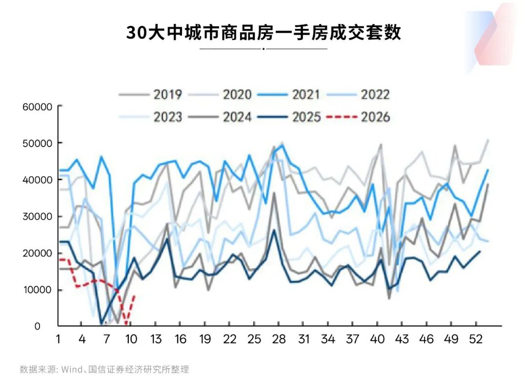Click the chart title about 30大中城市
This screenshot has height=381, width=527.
(263, 32)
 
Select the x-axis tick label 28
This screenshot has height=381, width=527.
(279, 339)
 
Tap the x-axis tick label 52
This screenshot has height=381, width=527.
(476, 339)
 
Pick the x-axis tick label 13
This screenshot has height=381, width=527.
(156, 339)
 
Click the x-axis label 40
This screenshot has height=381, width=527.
(378, 339)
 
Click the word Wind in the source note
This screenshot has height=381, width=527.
(71, 369)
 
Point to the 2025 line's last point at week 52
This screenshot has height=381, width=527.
(480, 252)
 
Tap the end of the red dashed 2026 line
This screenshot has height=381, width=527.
(134, 296)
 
